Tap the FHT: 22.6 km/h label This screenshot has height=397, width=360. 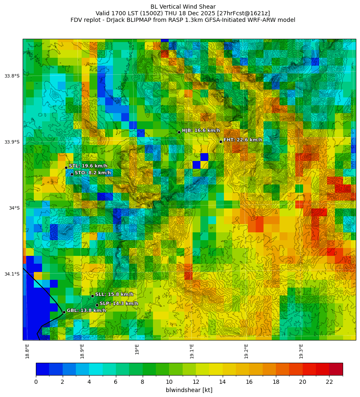tap(242, 140)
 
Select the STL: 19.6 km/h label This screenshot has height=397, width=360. tap(88, 166)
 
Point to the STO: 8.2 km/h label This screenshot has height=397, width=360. tap(92, 173)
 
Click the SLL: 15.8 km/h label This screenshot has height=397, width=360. tap(114, 294)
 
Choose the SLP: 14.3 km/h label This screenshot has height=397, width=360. tap(119, 303)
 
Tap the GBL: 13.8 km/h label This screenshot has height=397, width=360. tap(86, 310)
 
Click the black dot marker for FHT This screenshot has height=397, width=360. tap(221, 142)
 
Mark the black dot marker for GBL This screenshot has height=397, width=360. tap(64, 312)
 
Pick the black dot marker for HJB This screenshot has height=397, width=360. tap(179, 132)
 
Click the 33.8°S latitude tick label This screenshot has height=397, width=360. tap(12, 76)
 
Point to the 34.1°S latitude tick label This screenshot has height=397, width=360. tap(12, 274)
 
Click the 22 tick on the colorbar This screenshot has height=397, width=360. tap(329, 382)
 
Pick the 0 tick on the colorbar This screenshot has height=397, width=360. tap(36, 382)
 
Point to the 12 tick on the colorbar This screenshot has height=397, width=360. tap(196, 382)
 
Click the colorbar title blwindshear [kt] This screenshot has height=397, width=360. tap(189, 390)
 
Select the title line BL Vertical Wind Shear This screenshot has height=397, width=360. tap(183, 7)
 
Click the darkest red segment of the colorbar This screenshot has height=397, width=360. tap(336, 369)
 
